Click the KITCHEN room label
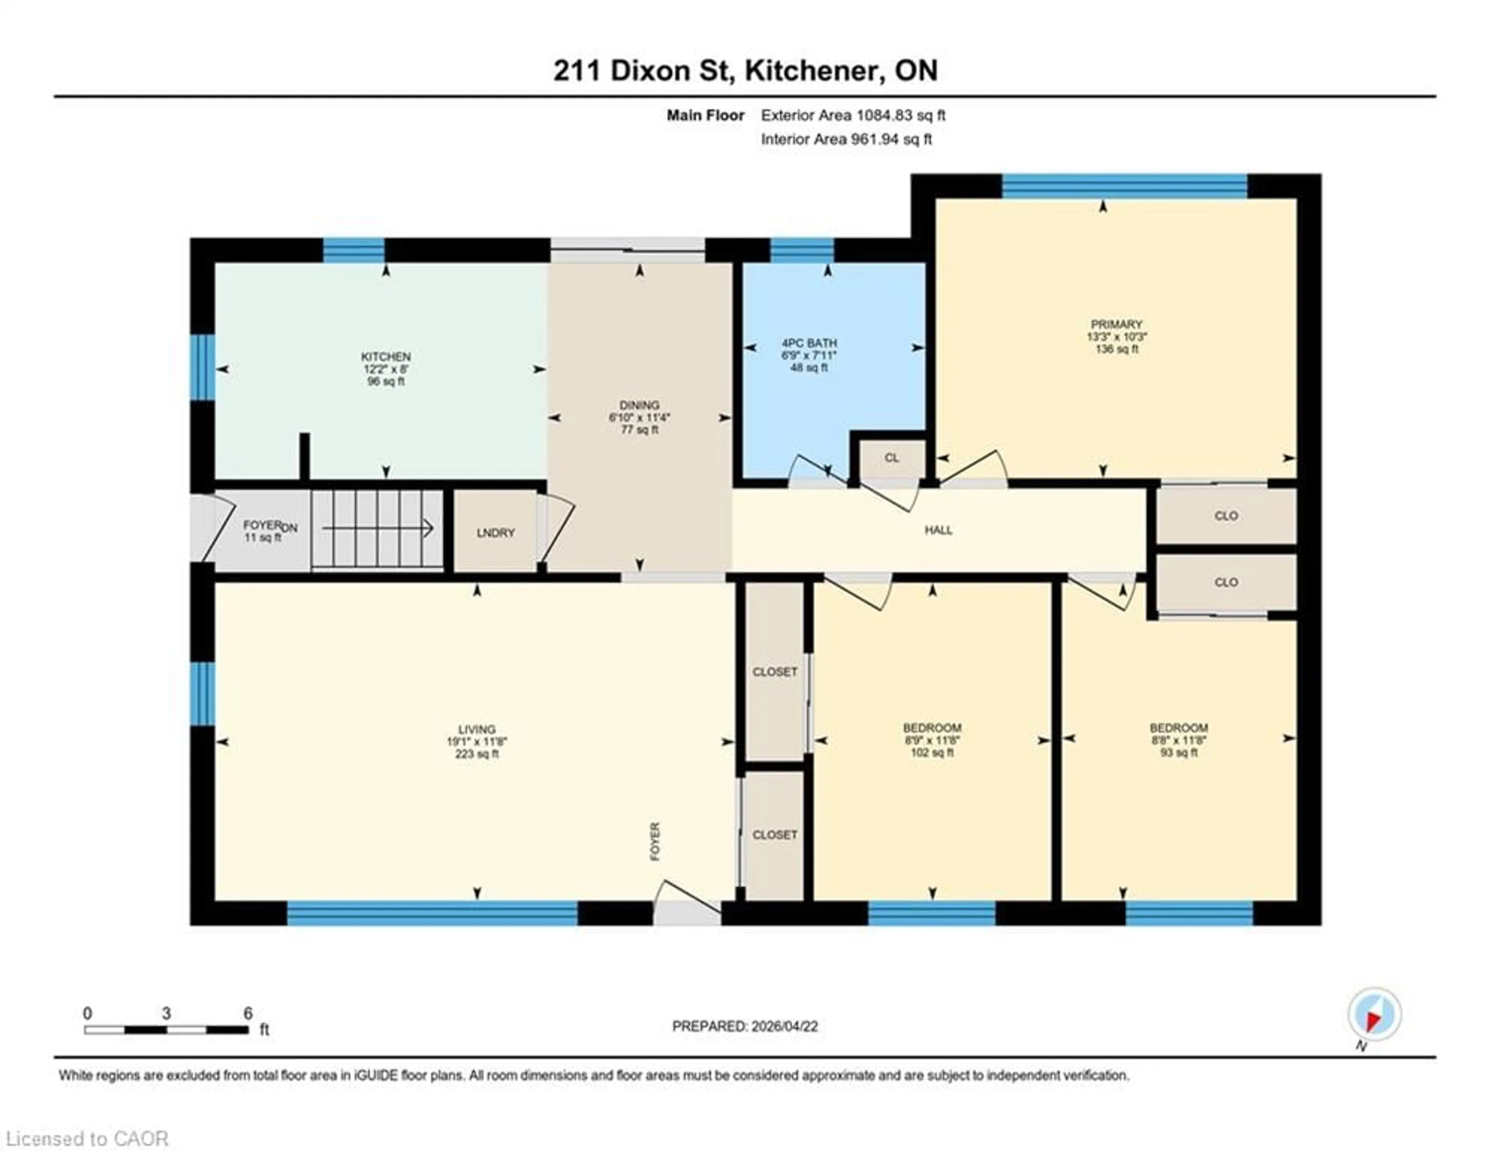point(386,357)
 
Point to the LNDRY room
point(496,533)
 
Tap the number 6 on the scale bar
point(248,1013)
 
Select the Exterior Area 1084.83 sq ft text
point(853,115)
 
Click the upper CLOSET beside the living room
point(774,672)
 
